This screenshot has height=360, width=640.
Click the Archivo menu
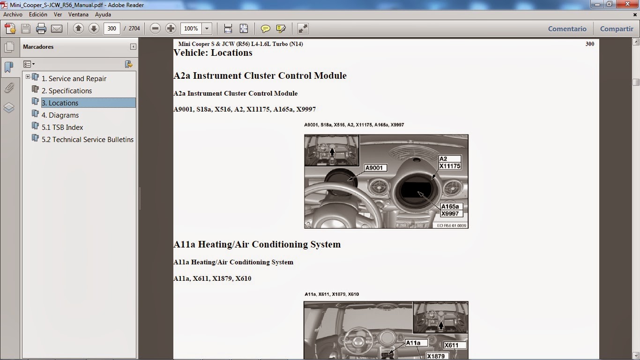(x=13, y=15)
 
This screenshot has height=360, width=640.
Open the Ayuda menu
(x=103, y=15)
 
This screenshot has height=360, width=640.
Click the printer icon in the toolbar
(x=41, y=29)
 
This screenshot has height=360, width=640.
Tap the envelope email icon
(x=57, y=29)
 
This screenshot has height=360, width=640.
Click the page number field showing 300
(x=112, y=29)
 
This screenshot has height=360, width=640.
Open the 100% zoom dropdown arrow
(x=207, y=29)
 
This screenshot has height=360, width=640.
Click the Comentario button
(x=567, y=29)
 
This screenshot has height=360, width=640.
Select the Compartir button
(x=617, y=29)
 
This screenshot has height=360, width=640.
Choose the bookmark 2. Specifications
(x=67, y=90)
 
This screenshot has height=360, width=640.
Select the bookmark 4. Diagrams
(x=60, y=115)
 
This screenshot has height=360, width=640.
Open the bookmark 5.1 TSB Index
(x=62, y=127)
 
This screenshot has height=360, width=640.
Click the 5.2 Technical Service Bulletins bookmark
(x=88, y=140)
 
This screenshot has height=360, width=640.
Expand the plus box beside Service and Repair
(x=28, y=76)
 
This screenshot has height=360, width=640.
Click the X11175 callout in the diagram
(x=450, y=166)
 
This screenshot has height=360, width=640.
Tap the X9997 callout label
(x=450, y=214)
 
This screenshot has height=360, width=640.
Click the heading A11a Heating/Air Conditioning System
(x=257, y=245)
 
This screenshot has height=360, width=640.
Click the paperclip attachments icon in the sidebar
(x=9, y=88)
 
